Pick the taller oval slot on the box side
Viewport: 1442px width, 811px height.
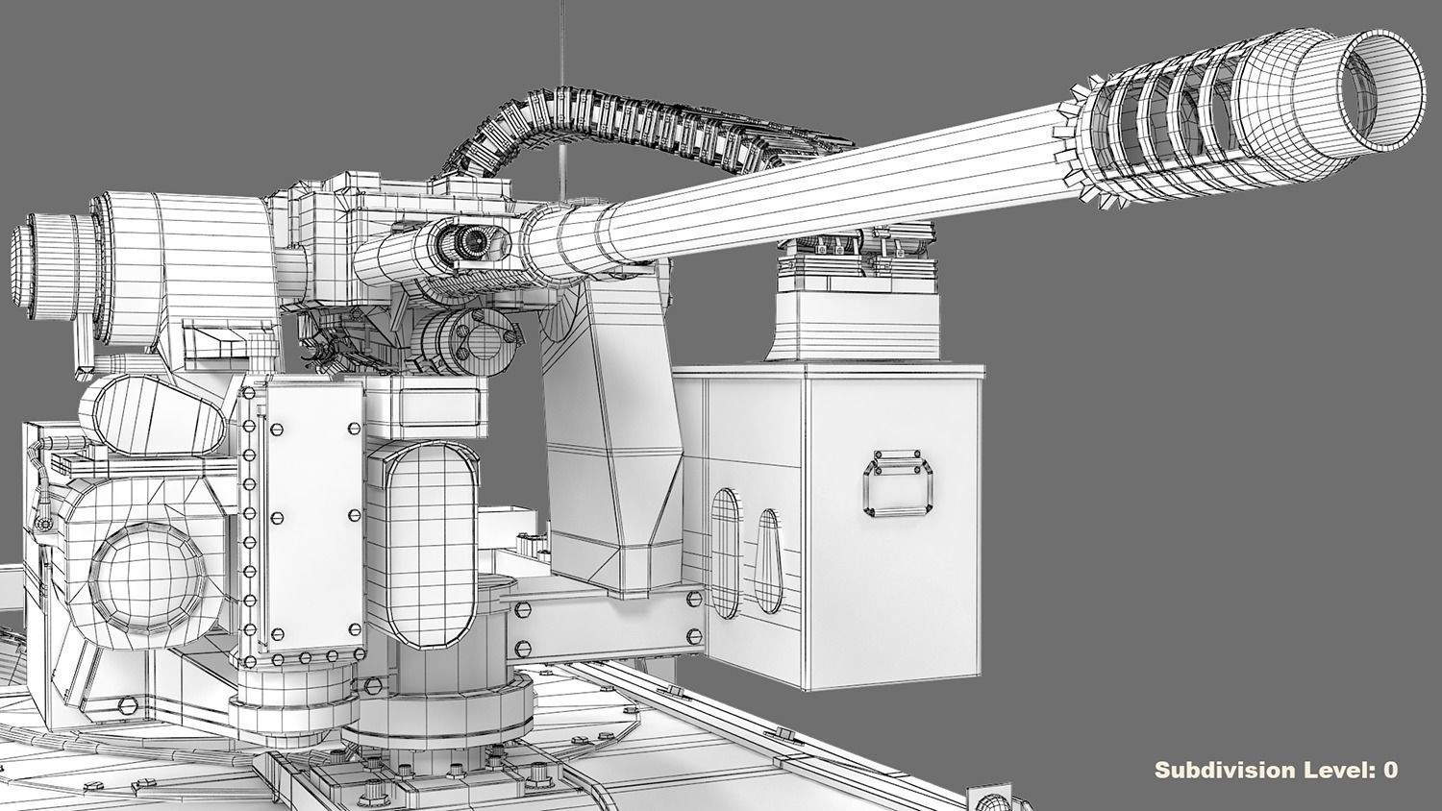728,553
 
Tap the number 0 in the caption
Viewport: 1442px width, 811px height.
1389,770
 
